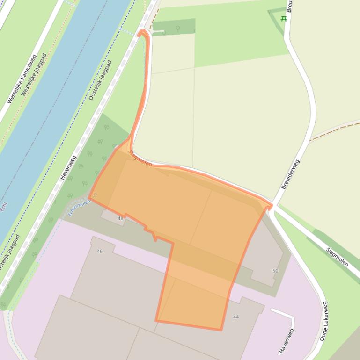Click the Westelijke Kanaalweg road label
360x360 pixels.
(x=22, y=79)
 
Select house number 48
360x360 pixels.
(x=120, y=218)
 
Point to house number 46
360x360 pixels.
(x=99, y=252)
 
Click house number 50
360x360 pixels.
(x=275, y=271)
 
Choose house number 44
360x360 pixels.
(x=236, y=317)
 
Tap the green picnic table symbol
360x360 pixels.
(x=283, y=19)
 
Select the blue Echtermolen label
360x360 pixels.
(x=81, y=206)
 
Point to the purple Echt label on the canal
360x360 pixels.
(x=4, y=206)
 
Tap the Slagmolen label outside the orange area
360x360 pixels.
(x=337, y=257)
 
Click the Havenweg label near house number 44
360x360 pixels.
(x=287, y=341)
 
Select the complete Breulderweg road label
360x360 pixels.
(x=290, y=174)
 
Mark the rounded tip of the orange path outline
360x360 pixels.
(x=142, y=32)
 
